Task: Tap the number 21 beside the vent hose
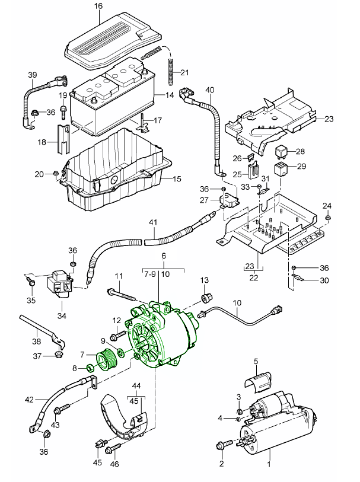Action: tap(184, 73)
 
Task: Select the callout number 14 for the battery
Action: tap(170, 95)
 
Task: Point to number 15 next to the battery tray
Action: tap(176, 179)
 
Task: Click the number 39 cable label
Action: tap(32, 75)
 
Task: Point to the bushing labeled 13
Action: tap(205, 297)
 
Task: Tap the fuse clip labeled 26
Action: tap(254, 158)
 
